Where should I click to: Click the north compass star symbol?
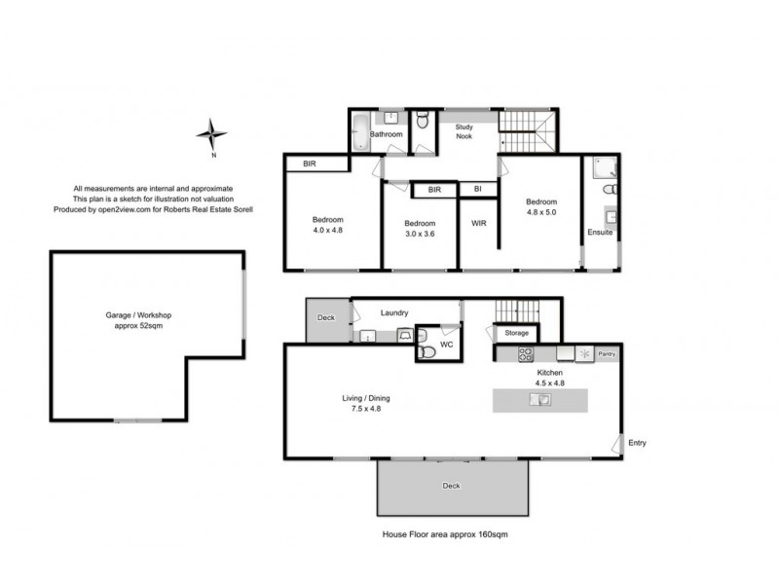tap(211, 133)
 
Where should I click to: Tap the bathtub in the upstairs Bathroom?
tap(360, 132)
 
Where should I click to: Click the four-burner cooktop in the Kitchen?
tap(526, 354)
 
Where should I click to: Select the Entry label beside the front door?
tap(637, 443)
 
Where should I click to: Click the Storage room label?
tap(516, 333)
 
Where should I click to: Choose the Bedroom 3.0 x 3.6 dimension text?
tap(419, 235)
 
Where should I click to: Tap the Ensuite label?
tap(600, 232)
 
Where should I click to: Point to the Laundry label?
tap(395, 312)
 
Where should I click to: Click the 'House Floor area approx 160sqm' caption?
tap(445, 534)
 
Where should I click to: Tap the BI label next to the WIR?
tap(477, 189)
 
